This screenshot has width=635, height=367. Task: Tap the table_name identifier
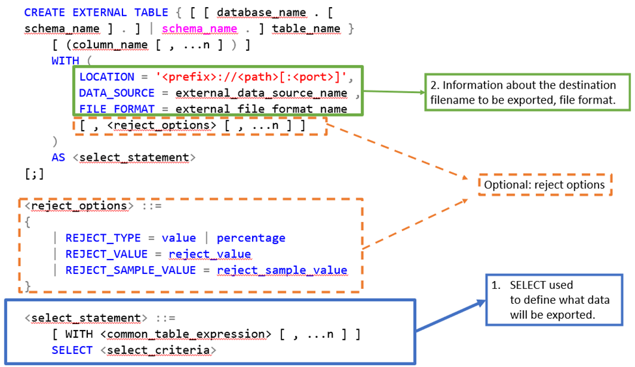[306, 28]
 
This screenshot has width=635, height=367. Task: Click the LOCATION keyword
[107, 77]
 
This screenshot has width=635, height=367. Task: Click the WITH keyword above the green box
[66, 61]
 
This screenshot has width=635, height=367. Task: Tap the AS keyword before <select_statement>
[59, 157]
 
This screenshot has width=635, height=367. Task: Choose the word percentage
[251, 238]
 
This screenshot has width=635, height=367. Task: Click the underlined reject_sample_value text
[281, 270]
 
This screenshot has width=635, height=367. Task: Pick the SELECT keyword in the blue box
[72, 350]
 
